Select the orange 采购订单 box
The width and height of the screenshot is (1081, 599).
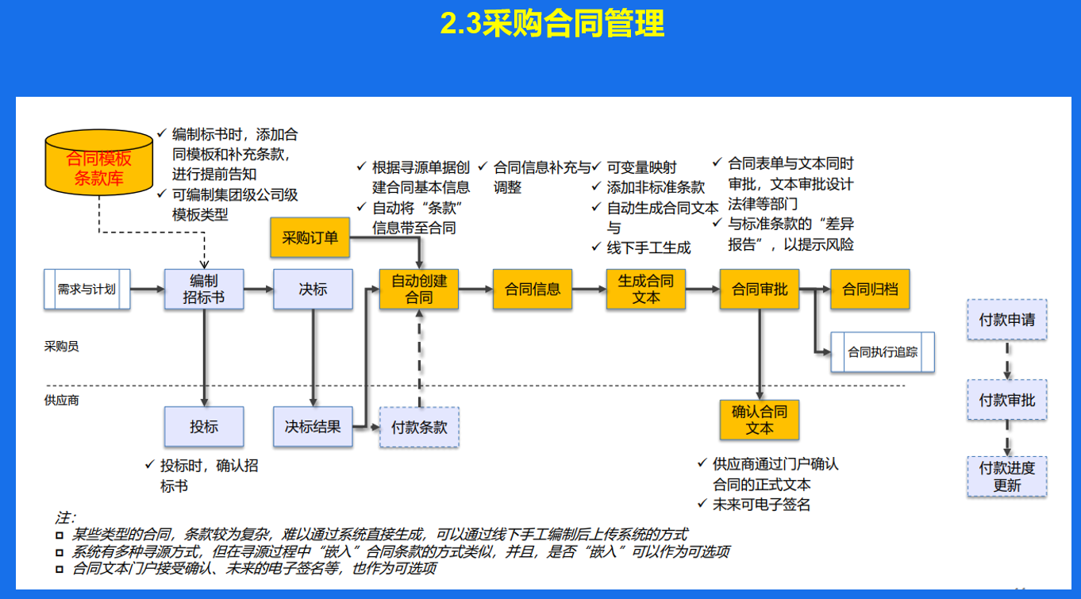(x=310, y=237)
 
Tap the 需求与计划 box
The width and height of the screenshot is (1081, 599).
(x=87, y=289)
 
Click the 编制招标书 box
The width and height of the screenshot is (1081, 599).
(x=204, y=289)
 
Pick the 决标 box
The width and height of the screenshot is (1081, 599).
(x=313, y=289)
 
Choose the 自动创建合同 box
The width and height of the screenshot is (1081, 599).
(x=419, y=289)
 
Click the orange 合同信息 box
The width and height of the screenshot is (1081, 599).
(x=533, y=289)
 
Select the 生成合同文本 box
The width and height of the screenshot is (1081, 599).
(x=646, y=289)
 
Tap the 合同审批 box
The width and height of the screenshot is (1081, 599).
(x=760, y=289)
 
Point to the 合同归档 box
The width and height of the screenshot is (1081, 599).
(x=870, y=289)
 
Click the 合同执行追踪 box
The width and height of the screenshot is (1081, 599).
(x=883, y=352)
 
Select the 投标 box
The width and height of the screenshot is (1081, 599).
(x=204, y=427)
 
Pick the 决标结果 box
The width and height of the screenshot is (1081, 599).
(x=313, y=427)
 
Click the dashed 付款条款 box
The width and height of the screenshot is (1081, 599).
(x=419, y=427)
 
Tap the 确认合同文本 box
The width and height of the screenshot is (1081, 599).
(x=760, y=420)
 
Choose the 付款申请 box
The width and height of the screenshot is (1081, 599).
(x=1006, y=320)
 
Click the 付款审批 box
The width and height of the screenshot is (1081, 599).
(x=1006, y=400)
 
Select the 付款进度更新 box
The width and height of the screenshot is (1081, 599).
(x=1006, y=477)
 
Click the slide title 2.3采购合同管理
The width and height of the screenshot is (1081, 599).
(x=552, y=24)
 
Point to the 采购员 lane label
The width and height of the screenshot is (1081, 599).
(x=62, y=347)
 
